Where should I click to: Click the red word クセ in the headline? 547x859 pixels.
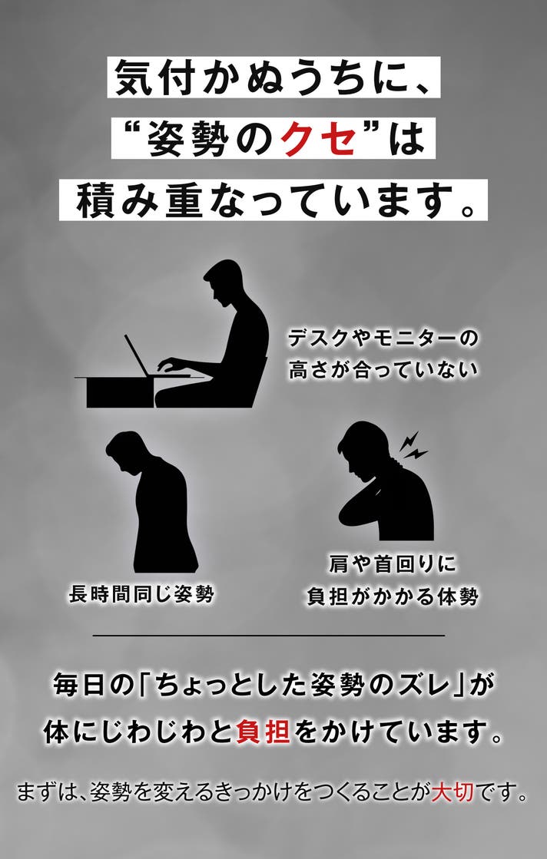(x=318, y=139)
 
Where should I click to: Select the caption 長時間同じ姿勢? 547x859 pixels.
(x=141, y=594)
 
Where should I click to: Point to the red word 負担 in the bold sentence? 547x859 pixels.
(x=263, y=732)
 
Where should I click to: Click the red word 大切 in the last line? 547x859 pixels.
(x=453, y=791)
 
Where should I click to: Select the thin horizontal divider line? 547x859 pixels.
(x=269, y=636)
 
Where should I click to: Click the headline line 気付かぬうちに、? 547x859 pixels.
(x=273, y=78)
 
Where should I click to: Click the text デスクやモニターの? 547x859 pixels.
(x=383, y=339)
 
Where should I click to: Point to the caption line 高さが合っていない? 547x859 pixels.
(x=383, y=370)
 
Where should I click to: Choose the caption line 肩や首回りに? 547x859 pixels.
(x=393, y=563)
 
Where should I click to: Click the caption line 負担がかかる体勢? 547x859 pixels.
(x=393, y=596)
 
